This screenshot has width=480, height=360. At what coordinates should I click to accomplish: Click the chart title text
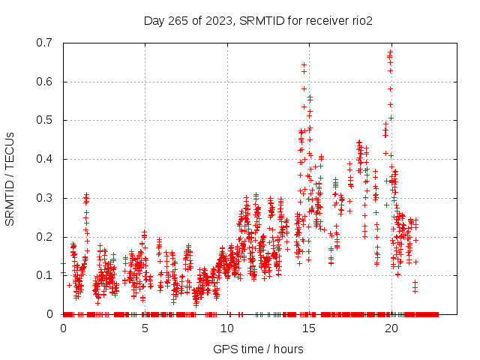(x=258, y=20)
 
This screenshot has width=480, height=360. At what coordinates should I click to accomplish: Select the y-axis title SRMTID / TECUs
(x=10, y=178)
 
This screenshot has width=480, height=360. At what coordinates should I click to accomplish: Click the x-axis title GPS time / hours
(x=258, y=349)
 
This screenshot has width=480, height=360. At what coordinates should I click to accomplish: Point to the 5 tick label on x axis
(x=145, y=328)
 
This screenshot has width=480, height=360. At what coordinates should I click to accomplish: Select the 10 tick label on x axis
(x=226, y=328)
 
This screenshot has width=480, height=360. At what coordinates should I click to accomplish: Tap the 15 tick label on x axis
(x=309, y=328)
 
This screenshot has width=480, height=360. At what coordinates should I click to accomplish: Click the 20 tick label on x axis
(x=391, y=328)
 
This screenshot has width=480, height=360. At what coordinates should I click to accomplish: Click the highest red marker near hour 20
(x=391, y=52)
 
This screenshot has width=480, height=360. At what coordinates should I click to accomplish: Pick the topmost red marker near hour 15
(x=304, y=64)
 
